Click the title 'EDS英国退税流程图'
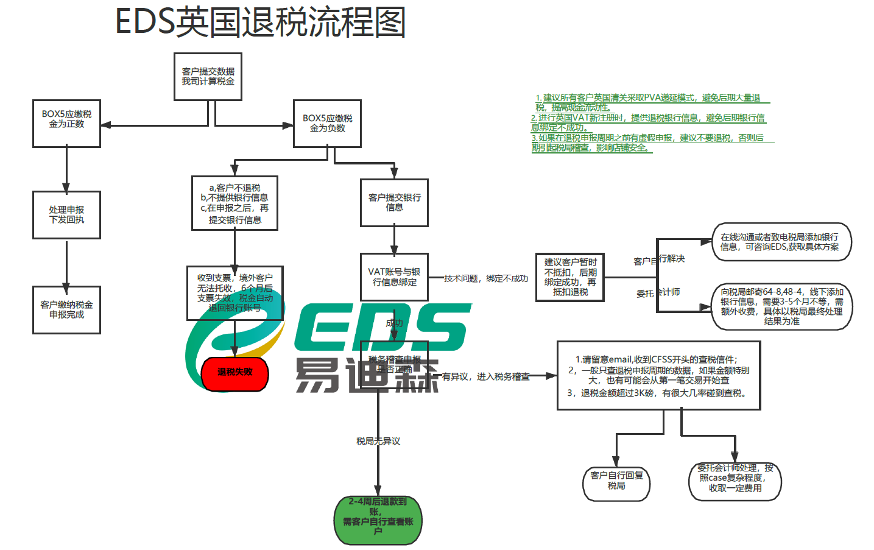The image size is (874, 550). (260, 23)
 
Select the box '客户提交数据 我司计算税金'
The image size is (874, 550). (208, 77)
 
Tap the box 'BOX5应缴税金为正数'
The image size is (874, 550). (66, 124)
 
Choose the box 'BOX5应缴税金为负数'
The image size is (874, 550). (327, 124)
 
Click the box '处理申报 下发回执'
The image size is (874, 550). (66, 215)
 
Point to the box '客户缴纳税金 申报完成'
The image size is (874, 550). (66, 309)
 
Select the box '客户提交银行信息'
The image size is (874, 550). (394, 203)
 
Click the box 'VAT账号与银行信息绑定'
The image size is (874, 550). (394, 277)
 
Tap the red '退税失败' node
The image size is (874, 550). (234, 372)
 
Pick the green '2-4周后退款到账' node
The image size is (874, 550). (378, 520)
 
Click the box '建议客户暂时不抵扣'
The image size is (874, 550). (570, 278)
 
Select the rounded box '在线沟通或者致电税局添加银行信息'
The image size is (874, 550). (781, 242)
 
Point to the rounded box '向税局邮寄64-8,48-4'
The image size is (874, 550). (781, 307)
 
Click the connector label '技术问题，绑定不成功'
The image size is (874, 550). (486, 278)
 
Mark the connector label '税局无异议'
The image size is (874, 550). (378, 441)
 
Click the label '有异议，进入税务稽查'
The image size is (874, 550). (485, 376)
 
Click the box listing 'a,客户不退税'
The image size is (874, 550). (234, 203)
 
